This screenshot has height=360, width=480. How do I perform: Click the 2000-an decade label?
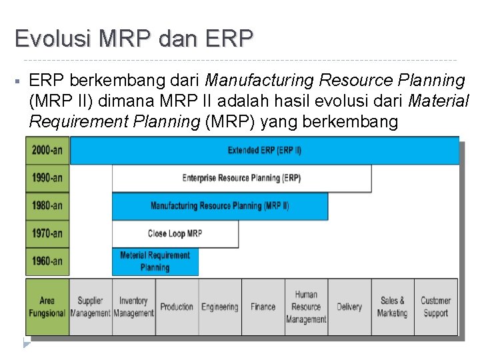(x=47, y=150)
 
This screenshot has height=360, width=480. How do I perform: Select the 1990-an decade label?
(x=47, y=178)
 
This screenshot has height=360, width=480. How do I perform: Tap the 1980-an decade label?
(x=47, y=206)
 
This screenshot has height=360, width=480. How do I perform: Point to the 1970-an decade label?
(x=47, y=233)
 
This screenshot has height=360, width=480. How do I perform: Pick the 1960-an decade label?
(x=47, y=261)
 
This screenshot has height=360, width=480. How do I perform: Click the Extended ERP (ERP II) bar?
(x=265, y=150)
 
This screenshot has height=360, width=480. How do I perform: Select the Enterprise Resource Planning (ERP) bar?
(x=241, y=178)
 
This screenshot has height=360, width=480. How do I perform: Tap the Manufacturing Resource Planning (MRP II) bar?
(x=219, y=206)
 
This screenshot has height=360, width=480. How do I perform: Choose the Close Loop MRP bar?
(x=175, y=233)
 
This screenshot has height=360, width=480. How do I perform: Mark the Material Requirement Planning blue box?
(x=155, y=261)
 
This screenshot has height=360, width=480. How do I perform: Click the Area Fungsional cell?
(x=47, y=307)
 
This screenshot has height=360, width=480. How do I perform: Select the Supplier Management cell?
(x=90, y=307)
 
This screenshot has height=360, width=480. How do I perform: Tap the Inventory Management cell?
(x=133, y=307)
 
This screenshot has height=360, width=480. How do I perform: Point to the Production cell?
(x=177, y=307)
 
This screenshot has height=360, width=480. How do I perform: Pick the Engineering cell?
(x=220, y=307)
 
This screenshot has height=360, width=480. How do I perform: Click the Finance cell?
(x=263, y=307)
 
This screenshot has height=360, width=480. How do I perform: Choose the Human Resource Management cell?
(x=306, y=307)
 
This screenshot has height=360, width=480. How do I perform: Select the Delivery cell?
(x=349, y=307)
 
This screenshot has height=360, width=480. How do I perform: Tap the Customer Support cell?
(x=435, y=307)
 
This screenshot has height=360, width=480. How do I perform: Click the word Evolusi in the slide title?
(x=52, y=38)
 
